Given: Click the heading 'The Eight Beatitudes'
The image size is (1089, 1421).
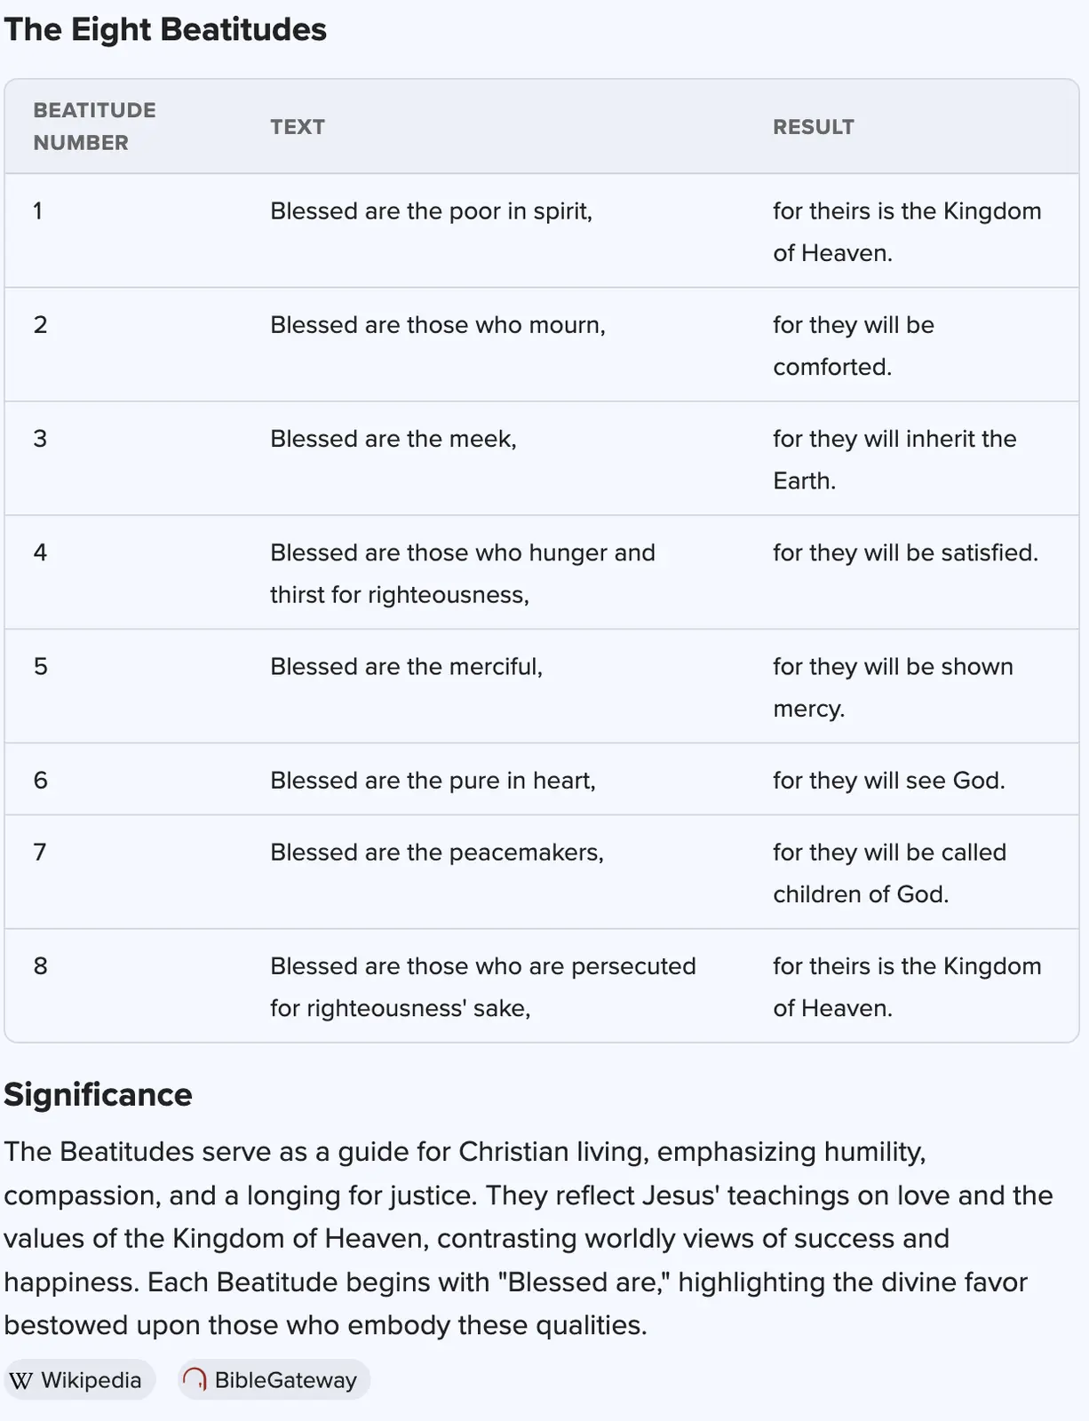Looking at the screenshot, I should [x=165, y=30].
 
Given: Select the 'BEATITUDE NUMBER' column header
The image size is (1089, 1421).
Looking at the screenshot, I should [x=94, y=126].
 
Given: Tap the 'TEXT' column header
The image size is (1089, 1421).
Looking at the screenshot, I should [x=298, y=127].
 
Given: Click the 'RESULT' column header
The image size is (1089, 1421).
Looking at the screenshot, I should [x=813, y=127].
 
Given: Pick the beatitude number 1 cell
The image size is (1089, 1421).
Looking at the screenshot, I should [x=38, y=211].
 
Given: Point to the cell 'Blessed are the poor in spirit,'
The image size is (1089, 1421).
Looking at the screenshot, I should [x=431, y=211].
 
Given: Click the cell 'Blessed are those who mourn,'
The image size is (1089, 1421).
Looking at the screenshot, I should [x=437, y=325].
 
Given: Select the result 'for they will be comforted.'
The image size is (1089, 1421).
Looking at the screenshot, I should [x=853, y=345].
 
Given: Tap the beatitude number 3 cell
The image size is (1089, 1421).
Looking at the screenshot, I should [x=40, y=439].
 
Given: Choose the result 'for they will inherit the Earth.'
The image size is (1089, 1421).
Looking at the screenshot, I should [x=894, y=459].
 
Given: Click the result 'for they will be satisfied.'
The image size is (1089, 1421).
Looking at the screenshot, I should [x=905, y=552].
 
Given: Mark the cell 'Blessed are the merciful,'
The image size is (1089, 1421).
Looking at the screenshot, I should [x=406, y=667].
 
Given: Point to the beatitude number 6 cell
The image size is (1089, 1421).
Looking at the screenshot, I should [x=40, y=781].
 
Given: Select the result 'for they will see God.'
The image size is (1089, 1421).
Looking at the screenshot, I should [x=888, y=781].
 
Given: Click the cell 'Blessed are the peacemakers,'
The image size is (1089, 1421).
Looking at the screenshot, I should [x=436, y=853].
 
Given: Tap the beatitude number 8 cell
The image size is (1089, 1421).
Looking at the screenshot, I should [x=40, y=966].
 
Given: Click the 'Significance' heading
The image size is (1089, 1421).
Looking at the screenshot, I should [x=98, y=1095].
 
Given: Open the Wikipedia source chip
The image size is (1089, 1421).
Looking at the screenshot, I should [x=79, y=1380].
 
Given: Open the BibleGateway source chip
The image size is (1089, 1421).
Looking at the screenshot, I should [x=274, y=1380].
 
